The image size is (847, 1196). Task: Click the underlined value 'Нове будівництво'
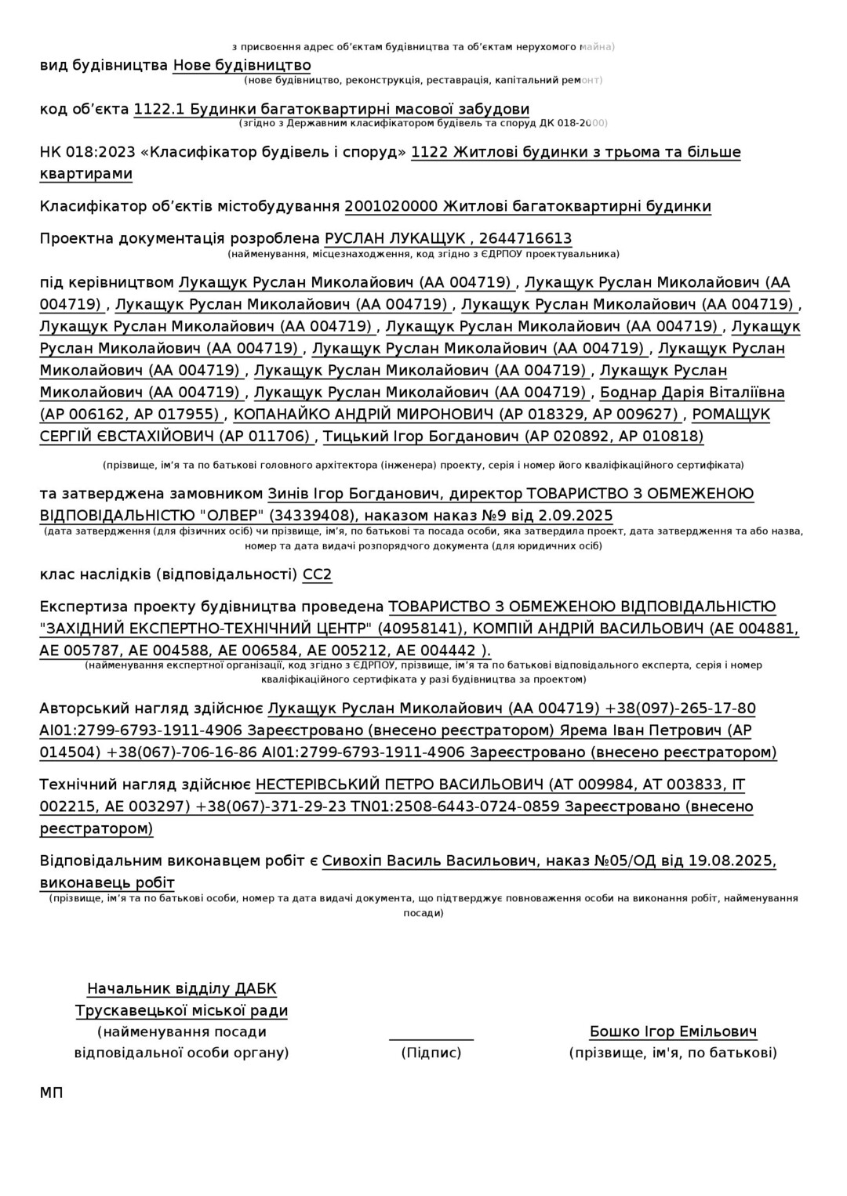(x=242, y=65)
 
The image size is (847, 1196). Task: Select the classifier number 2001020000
(x=391, y=206)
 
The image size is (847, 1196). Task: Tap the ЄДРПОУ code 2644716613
(x=525, y=238)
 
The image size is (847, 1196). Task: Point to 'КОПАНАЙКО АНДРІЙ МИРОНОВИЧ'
(x=363, y=414)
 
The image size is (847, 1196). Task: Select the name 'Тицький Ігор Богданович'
(x=420, y=436)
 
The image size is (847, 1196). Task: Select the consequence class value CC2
(x=317, y=574)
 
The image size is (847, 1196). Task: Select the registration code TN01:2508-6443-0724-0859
(x=455, y=806)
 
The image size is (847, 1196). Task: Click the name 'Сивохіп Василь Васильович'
(x=429, y=861)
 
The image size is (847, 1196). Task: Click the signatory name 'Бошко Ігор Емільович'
(x=673, y=1031)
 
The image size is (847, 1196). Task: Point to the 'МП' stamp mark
(x=51, y=1093)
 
